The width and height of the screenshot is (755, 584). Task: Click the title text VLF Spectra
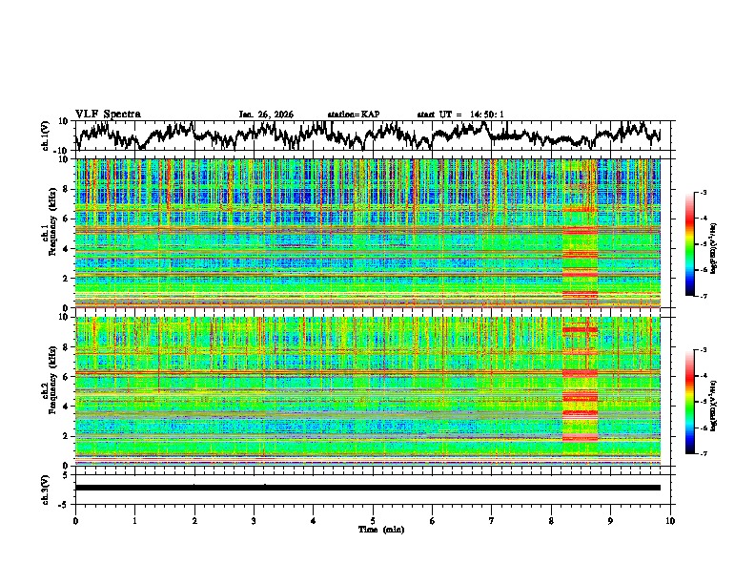coord(108,114)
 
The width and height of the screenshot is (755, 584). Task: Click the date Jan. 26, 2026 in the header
coord(266,115)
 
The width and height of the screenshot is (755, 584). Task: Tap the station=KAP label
coord(353,115)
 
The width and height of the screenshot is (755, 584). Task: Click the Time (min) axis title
coord(373,528)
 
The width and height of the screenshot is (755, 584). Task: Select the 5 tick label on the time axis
coord(373,519)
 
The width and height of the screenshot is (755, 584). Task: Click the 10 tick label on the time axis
coord(670,519)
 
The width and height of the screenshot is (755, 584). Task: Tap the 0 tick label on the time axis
coord(75,519)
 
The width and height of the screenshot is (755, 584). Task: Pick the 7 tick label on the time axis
coord(492,519)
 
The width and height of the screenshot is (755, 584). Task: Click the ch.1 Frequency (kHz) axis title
coord(50,233)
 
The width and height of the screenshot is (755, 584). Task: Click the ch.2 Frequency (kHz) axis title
coord(50,389)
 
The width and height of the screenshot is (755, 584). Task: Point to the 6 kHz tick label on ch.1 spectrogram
coord(66,219)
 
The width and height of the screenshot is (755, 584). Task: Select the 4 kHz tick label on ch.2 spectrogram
coord(66,406)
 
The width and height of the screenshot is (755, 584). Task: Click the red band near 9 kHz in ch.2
coord(579,330)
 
